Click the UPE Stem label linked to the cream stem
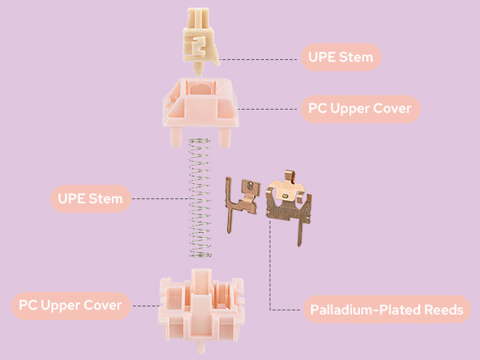341,58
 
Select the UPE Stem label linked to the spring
90,198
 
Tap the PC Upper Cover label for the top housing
360,108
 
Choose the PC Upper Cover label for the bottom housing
71,306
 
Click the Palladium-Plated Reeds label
386,310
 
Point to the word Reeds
442,310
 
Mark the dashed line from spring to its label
160,198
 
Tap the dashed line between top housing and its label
268,108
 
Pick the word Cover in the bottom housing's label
102,306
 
